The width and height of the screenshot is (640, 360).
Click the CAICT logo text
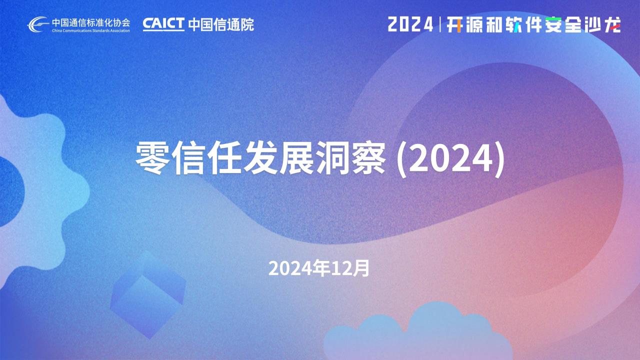point(163,24)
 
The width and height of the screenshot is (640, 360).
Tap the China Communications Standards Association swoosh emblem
point(38,24)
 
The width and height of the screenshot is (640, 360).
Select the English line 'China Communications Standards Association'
point(91,30)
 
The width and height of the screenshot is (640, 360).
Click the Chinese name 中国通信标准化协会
point(91,22)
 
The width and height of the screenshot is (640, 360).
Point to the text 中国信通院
point(221,24)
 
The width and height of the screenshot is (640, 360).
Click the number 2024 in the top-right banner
point(410,24)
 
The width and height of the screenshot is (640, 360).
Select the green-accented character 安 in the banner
point(553,24)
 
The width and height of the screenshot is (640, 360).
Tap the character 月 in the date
point(361,268)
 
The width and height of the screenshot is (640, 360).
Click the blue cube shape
point(148,295)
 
